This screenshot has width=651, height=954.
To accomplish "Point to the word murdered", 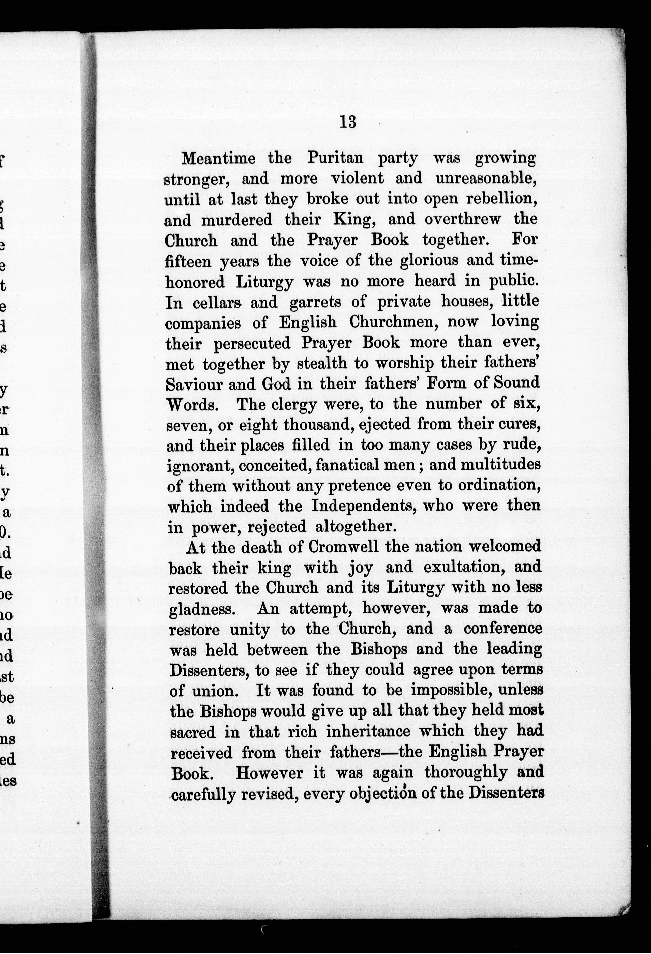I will pos(236,220).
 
